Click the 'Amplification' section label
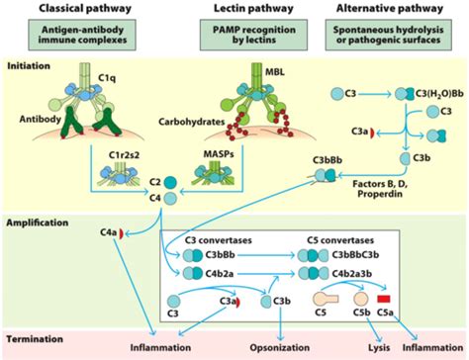[36, 224]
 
